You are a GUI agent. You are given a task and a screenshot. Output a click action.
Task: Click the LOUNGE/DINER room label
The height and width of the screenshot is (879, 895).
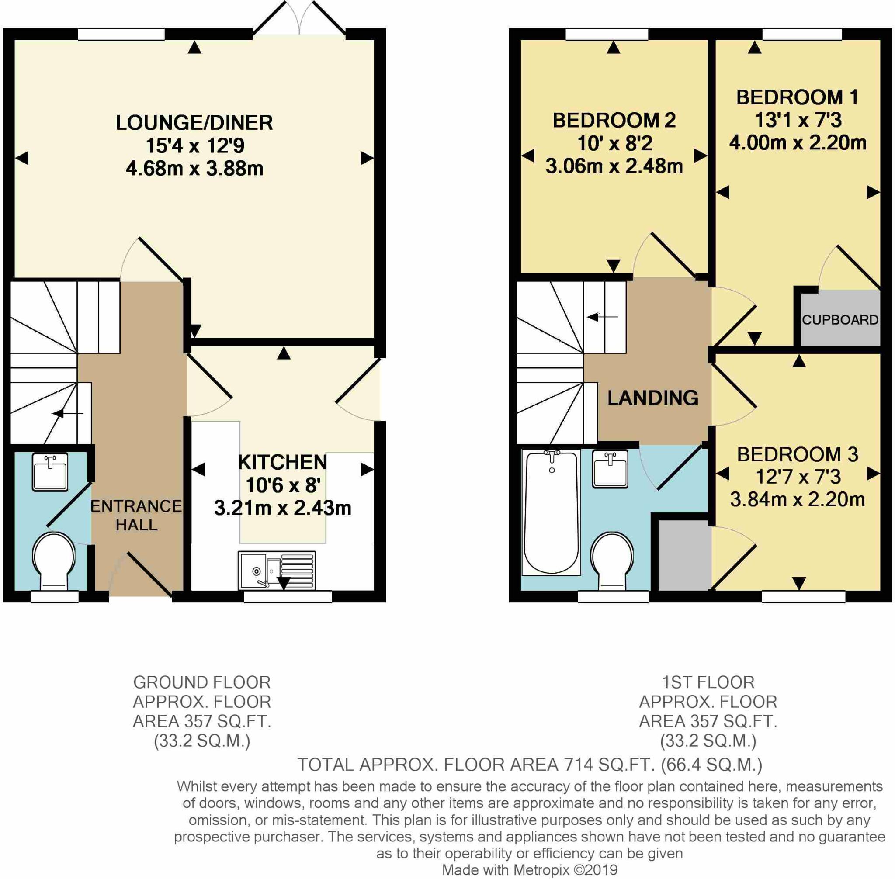click(194, 123)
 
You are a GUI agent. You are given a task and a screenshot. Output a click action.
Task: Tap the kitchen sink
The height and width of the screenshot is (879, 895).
click(277, 570)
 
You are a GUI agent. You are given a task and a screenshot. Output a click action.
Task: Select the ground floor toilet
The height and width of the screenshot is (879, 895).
click(54, 561)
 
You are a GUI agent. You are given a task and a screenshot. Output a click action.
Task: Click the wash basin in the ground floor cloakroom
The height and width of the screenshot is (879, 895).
click(50, 472)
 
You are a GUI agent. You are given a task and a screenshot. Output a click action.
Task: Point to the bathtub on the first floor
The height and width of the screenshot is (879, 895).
click(551, 512)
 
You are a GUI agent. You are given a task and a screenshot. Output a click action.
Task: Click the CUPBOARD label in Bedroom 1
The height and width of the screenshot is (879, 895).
click(839, 319)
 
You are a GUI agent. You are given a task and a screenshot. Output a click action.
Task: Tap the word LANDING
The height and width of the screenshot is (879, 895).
click(652, 398)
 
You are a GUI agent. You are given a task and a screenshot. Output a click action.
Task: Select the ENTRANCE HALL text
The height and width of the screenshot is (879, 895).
click(136, 515)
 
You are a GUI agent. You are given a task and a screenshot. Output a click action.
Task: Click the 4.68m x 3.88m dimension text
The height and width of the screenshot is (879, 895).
click(194, 169)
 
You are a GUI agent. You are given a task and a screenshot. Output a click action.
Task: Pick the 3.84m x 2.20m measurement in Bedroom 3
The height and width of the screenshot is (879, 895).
click(797, 499)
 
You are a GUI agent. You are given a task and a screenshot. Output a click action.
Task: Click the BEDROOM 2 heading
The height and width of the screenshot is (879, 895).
click(614, 121)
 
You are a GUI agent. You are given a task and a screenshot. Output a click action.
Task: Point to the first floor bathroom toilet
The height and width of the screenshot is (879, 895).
click(612, 561)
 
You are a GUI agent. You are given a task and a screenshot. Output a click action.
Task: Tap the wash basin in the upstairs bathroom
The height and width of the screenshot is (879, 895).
click(610, 469)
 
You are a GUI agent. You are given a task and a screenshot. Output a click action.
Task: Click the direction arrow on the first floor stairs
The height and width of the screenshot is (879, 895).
click(602, 317)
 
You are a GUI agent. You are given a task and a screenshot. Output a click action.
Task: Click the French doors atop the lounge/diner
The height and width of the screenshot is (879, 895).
click(299, 17)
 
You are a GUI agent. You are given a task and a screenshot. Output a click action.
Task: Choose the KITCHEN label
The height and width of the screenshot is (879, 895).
click(282, 462)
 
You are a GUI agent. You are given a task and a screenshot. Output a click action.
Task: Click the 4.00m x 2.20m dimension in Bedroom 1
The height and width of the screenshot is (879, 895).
click(798, 143)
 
